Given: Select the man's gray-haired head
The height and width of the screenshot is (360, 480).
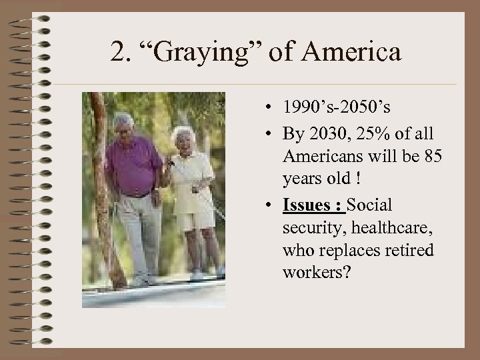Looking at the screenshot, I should pyautogui.click(x=124, y=125).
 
